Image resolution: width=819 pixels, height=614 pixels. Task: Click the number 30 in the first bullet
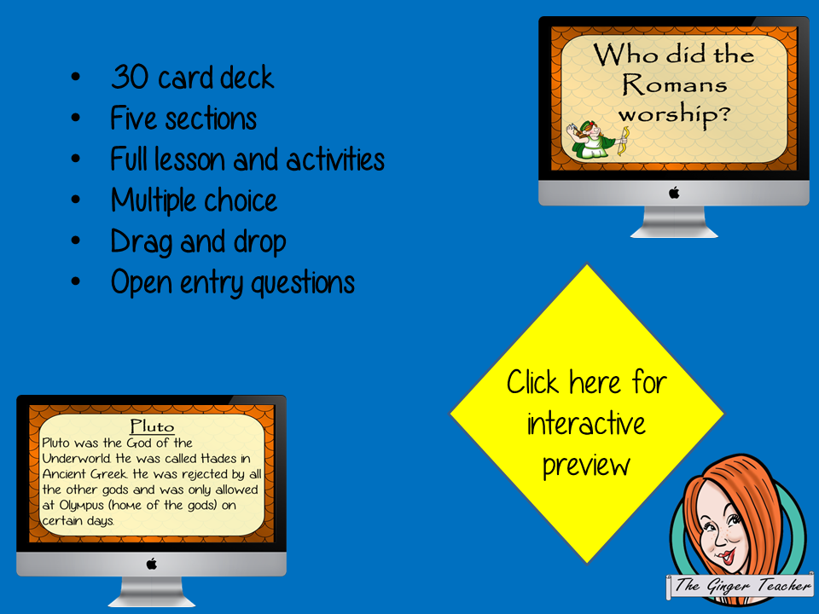coord(129,78)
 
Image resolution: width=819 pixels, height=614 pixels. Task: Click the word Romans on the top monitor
coord(673,84)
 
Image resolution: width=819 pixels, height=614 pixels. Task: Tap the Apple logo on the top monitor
coord(674,193)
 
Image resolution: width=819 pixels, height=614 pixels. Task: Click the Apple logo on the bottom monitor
coord(152,563)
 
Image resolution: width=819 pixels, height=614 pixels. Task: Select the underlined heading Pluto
coord(151,426)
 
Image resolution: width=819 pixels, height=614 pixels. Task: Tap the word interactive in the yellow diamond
coord(586,423)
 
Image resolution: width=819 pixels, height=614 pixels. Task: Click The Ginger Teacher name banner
coord(741,585)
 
